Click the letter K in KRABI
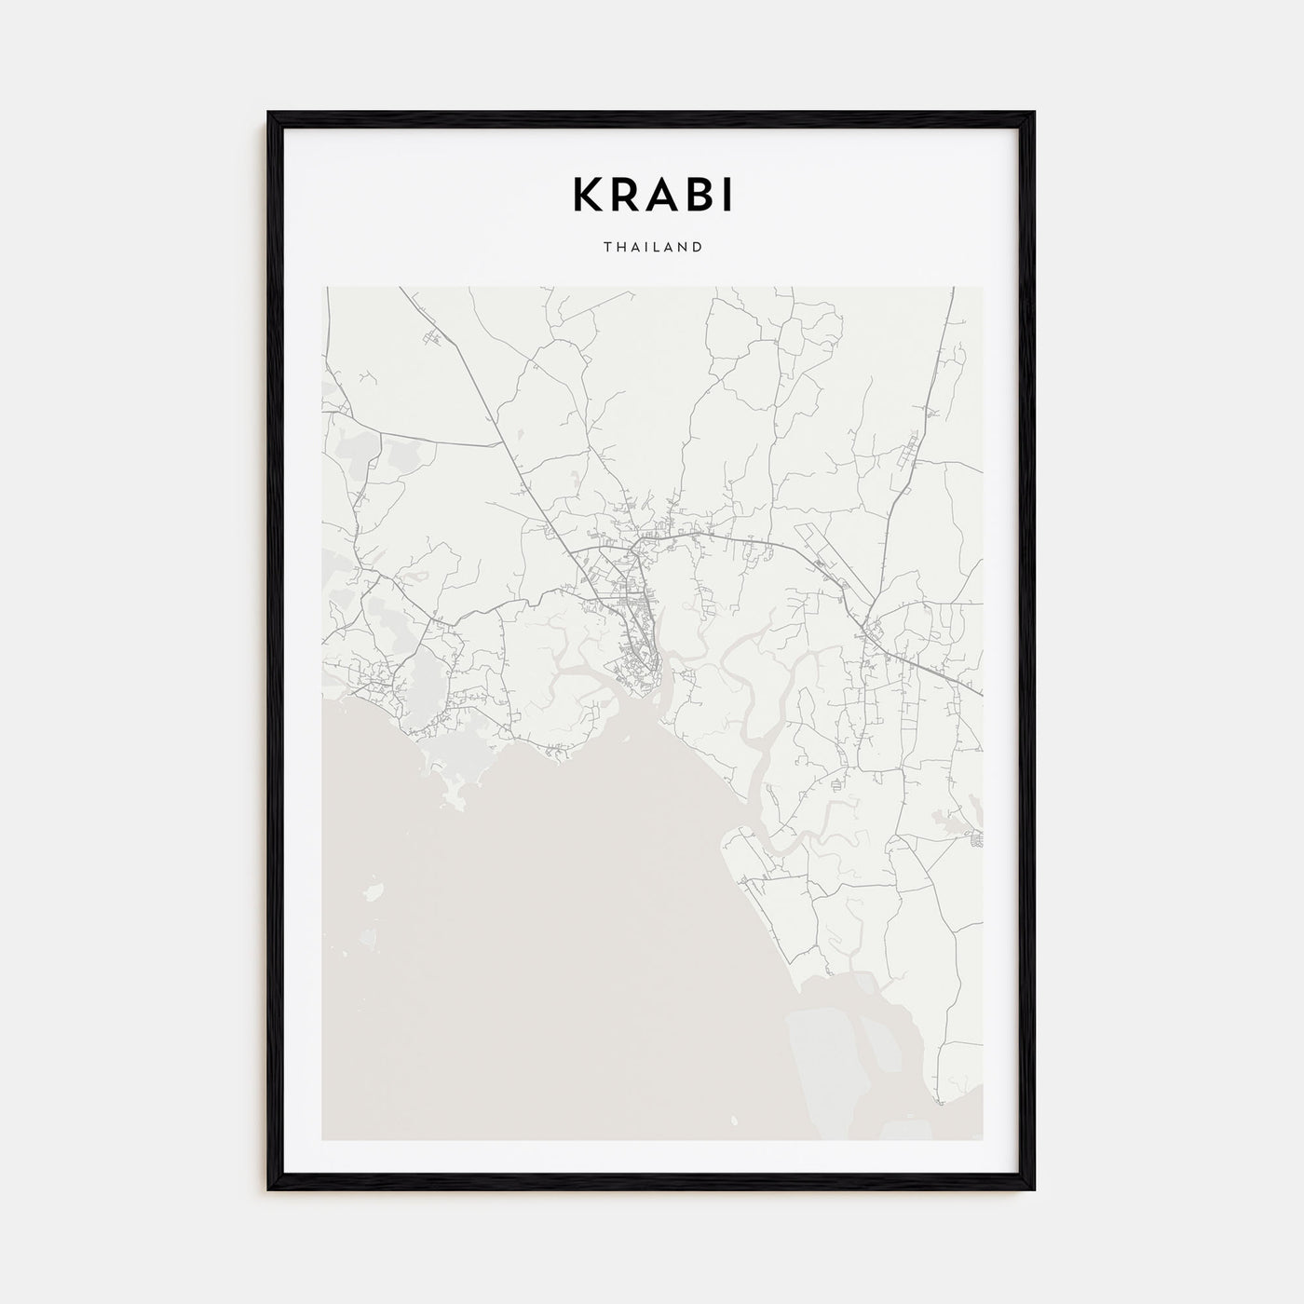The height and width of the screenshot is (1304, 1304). [x=586, y=194]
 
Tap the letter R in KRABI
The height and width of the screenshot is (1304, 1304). [x=627, y=194]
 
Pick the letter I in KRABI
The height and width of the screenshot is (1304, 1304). [x=728, y=194]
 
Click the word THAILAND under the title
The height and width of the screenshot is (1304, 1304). [x=652, y=248]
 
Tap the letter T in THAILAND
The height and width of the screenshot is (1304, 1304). [x=607, y=248]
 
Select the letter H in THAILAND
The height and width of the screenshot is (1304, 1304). [x=620, y=248]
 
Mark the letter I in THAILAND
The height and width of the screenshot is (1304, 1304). [x=645, y=248]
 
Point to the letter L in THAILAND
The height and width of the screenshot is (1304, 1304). [x=655, y=248]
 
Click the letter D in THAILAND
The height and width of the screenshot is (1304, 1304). [x=696, y=248]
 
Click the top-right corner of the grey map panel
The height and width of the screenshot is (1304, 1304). [x=983, y=288]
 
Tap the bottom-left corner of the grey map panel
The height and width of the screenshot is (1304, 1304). [x=322, y=1139]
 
